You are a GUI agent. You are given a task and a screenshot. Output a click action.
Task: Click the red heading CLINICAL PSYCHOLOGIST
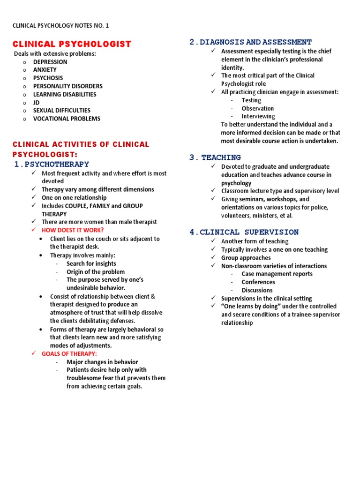72,44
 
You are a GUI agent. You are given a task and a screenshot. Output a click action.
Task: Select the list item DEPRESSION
50,62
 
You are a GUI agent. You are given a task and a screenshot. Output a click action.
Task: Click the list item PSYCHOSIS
48,78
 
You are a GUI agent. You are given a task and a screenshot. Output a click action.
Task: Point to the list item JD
36,102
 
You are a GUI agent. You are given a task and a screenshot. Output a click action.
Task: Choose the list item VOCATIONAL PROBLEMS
67,119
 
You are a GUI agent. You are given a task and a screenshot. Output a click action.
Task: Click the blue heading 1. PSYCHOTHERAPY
51,164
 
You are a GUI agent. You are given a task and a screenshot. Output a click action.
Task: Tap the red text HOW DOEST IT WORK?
73,230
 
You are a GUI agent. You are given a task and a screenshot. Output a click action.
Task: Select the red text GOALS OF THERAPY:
69,354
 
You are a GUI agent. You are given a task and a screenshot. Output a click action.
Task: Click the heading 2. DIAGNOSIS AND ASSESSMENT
251,42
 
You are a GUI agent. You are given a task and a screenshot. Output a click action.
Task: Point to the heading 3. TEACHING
215,157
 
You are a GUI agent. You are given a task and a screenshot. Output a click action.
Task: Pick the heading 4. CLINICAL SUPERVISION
244,232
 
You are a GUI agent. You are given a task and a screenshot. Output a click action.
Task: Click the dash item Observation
257,108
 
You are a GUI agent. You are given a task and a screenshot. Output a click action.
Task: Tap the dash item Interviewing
258,116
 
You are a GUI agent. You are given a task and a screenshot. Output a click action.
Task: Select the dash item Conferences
258,282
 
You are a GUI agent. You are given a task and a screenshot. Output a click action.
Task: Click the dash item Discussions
257,290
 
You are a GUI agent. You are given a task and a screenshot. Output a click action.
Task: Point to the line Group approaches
246,258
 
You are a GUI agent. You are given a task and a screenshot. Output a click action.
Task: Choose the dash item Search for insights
91,263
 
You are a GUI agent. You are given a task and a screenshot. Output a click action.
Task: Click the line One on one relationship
74,197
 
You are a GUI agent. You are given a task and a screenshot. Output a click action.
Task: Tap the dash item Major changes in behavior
102,362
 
